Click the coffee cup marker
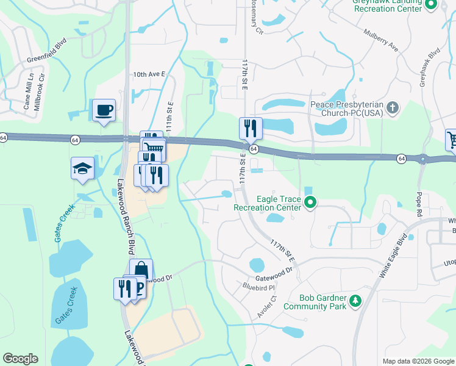tap(104, 110)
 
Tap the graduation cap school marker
tap(82, 168)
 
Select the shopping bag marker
tap(141, 269)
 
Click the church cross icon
tap(393, 109)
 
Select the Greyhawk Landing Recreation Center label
tap(388, 5)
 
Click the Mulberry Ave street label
tap(380, 38)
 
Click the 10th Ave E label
tap(149, 74)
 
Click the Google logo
tap(20, 359)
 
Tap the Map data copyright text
tap(418, 361)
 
